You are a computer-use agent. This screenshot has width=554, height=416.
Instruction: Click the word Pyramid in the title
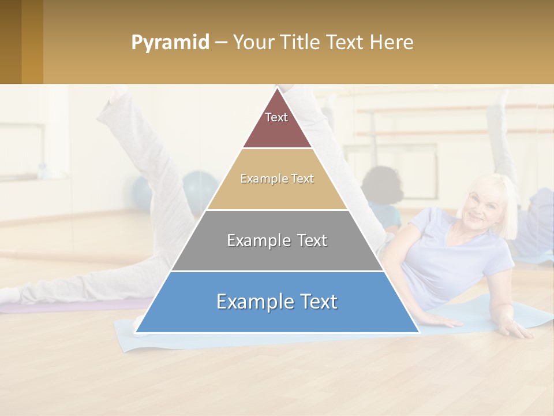pos(170,42)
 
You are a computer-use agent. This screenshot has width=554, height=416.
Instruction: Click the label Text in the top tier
pos(276,117)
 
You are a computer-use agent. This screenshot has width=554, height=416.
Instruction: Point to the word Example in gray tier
pos(256,240)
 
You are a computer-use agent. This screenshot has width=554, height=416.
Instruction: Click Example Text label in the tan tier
pos(277,179)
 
